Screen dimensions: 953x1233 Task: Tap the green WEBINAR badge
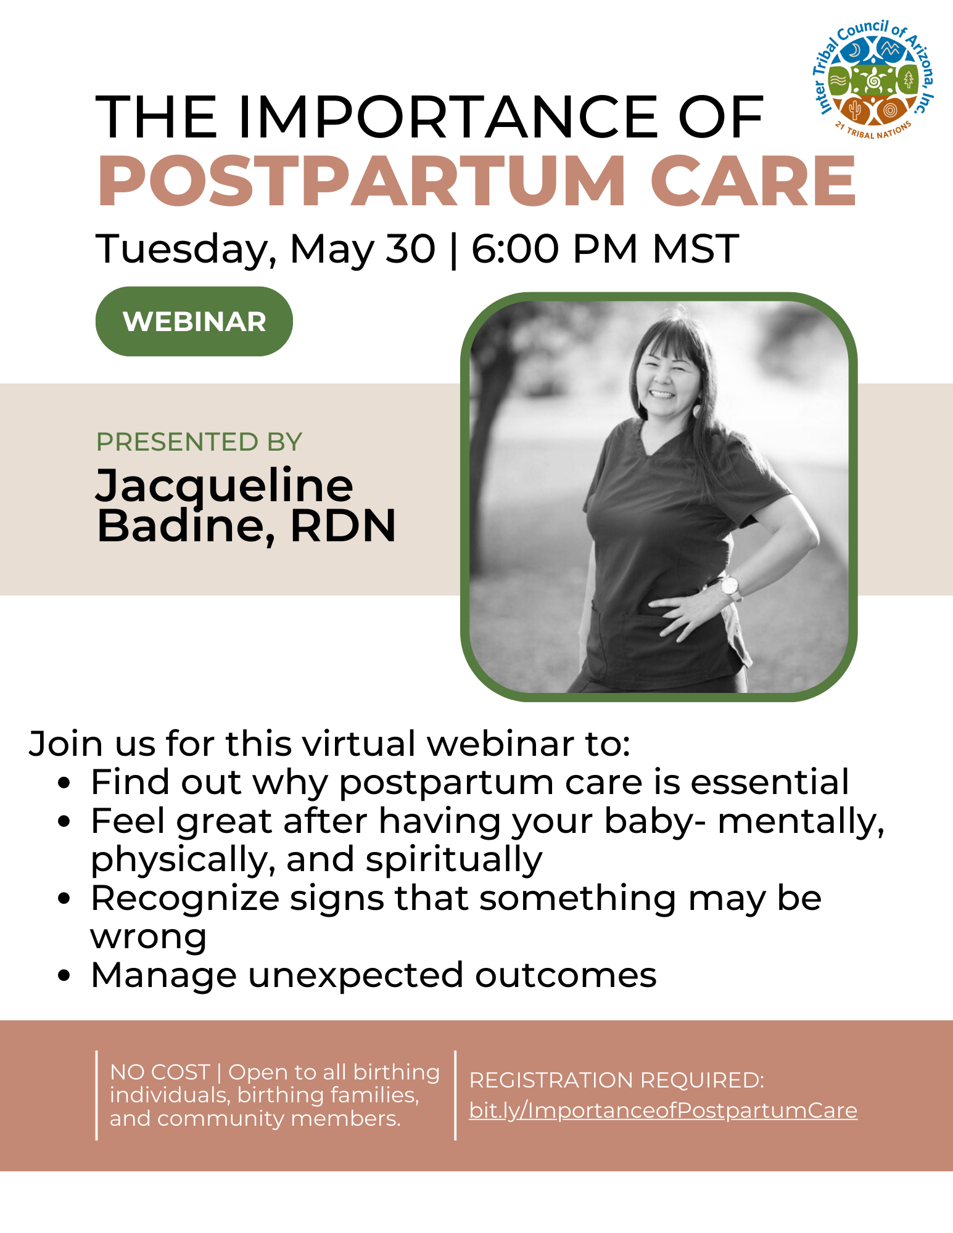[x=194, y=321]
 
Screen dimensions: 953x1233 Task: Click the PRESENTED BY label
[x=199, y=442]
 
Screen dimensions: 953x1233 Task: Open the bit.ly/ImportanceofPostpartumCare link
[x=663, y=1110]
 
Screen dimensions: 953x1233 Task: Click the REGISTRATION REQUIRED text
[x=617, y=1080]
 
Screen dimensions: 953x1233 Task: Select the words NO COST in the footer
[x=160, y=1072]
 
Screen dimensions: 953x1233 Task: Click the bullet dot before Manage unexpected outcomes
[x=64, y=976]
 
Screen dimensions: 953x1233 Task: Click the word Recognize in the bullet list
[x=185, y=899]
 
